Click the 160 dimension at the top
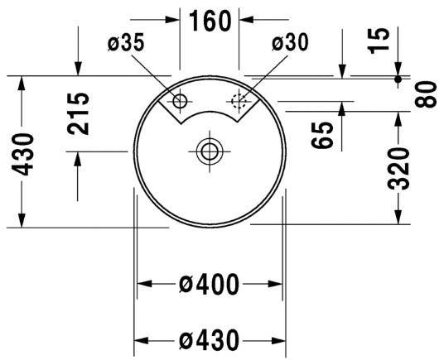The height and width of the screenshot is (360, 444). (210, 20)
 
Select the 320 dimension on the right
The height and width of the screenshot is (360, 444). (399, 168)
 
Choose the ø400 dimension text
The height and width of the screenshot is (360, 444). (210, 285)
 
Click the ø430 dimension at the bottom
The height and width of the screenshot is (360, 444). (210, 339)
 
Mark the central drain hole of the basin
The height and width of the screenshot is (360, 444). (209, 151)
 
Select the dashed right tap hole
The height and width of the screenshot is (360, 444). (239, 102)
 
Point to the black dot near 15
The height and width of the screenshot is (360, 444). (398, 80)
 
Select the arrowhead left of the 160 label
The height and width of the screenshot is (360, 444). (173, 20)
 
